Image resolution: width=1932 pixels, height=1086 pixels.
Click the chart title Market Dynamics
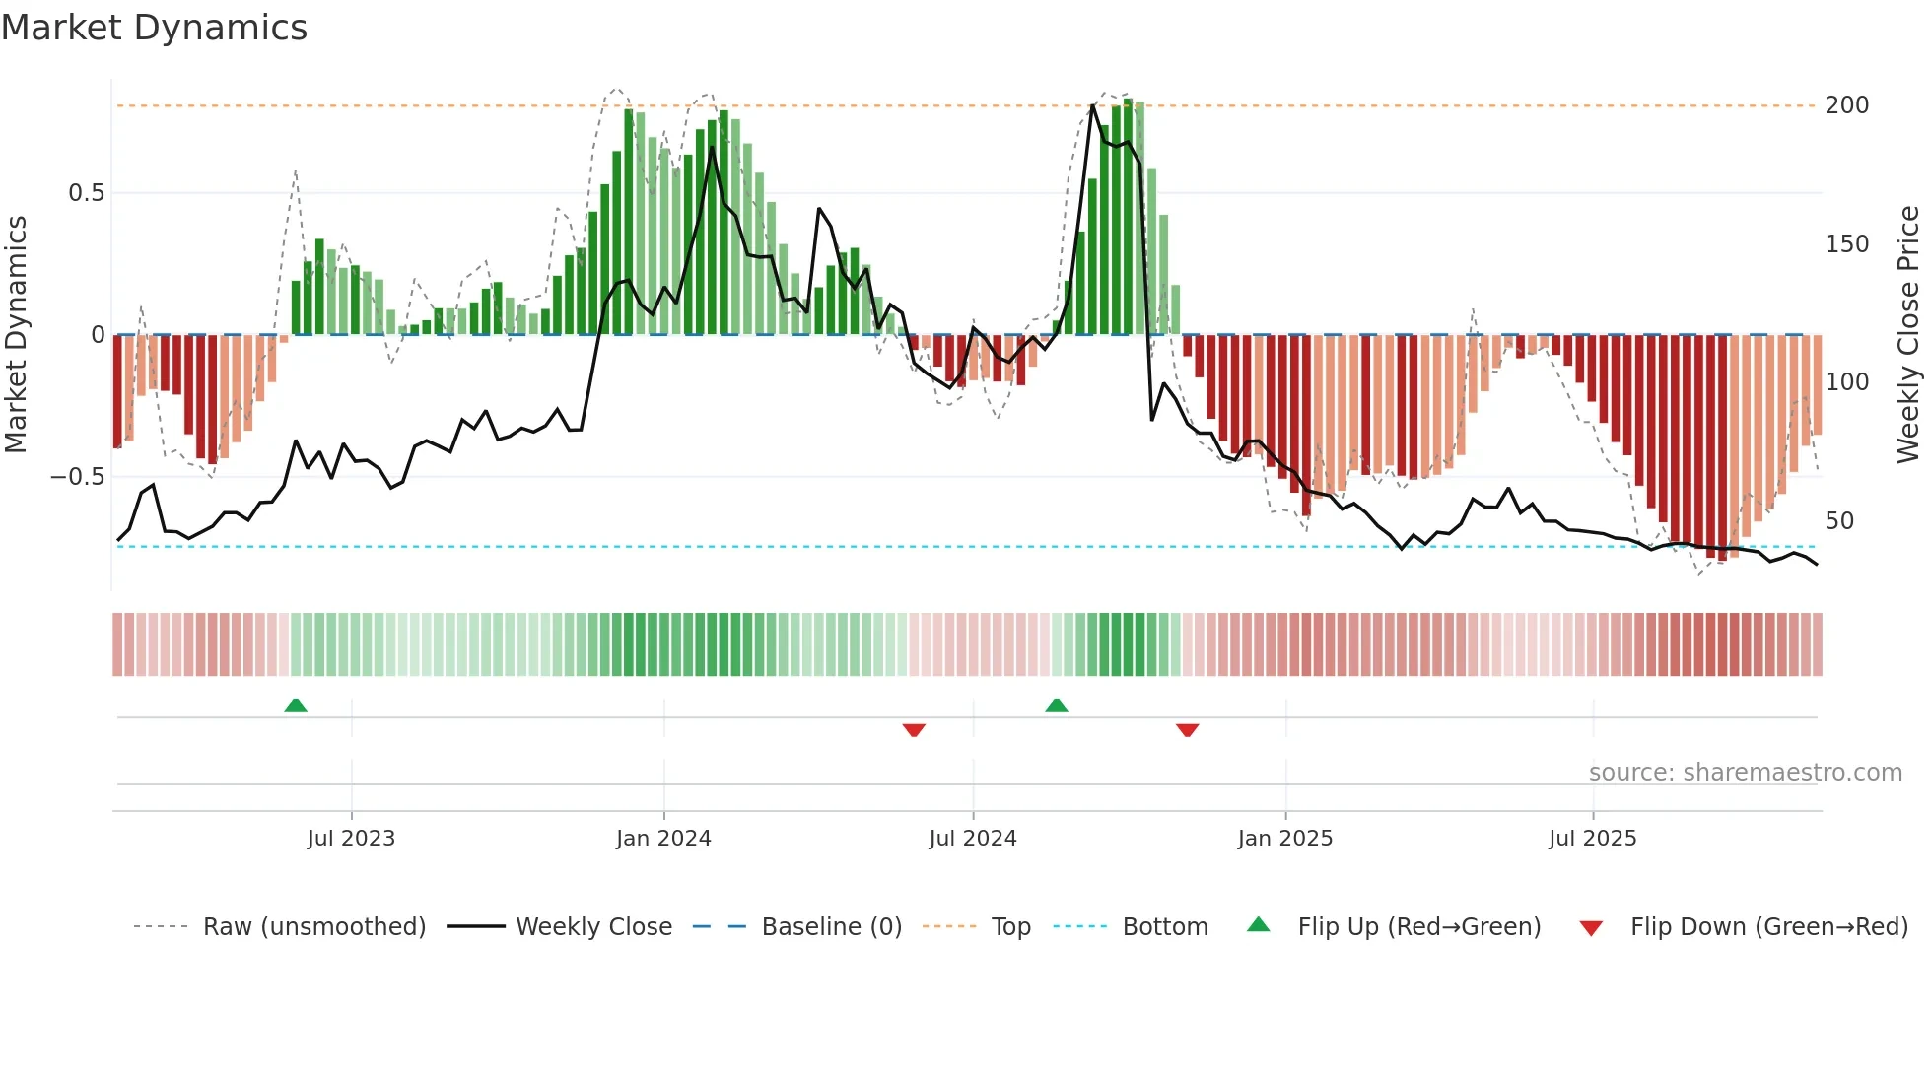point(154,28)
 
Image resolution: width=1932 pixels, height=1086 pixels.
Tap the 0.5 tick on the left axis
point(86,193)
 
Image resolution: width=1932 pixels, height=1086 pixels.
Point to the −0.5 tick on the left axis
point(77,477)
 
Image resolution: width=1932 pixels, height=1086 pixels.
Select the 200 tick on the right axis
point(1846,105)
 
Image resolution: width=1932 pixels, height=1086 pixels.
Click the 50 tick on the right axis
point(1839,521)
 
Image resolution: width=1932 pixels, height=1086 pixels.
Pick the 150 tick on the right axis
point(1846,244)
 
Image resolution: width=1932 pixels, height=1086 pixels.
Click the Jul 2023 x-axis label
point(351,839)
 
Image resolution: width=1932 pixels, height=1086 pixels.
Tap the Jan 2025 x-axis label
point(1284,839)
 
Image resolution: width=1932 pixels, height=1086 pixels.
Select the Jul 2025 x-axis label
point(1592,839)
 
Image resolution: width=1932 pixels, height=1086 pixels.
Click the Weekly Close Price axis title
point(1908,335)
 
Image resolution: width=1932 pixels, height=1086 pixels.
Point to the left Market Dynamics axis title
point(16,335)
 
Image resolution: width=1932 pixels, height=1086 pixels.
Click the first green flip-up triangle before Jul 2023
point(296,705)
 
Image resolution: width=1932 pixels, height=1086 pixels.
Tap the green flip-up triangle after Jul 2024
point(1057,705)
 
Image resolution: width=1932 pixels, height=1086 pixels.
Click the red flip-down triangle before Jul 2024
point(914,730)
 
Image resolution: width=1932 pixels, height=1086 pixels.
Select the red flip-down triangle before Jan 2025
point(1187,730)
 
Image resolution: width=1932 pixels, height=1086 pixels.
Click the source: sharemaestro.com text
point(1745,773)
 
